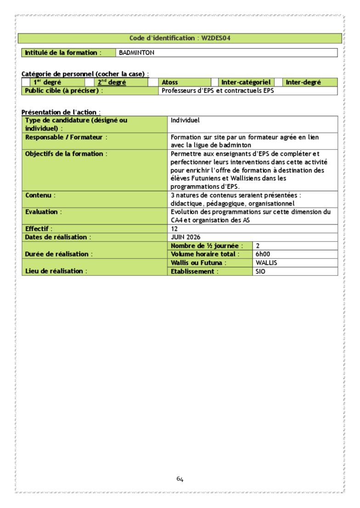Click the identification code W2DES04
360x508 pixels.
219,38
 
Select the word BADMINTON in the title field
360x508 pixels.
137,53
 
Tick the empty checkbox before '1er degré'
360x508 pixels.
26,83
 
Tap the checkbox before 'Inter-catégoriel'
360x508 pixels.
214,83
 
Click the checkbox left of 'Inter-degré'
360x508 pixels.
278,83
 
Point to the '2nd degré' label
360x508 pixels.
112,83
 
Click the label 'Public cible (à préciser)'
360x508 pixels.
62,91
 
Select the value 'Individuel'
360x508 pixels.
185,120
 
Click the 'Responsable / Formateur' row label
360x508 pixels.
66,137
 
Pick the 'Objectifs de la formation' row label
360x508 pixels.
66,154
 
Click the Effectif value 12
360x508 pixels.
174,229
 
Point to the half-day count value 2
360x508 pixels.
258,246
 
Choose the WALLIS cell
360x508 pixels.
266,263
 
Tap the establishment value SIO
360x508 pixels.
261,271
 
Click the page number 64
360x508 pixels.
180,479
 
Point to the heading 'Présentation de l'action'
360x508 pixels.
60,112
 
